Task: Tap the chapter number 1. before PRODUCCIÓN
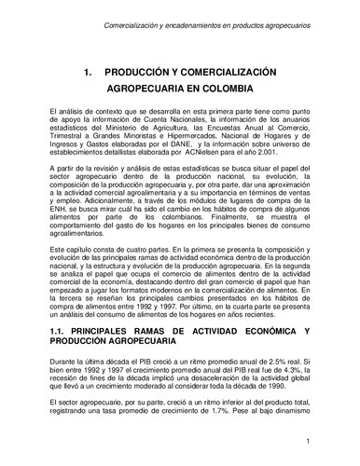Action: pos(86,71)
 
